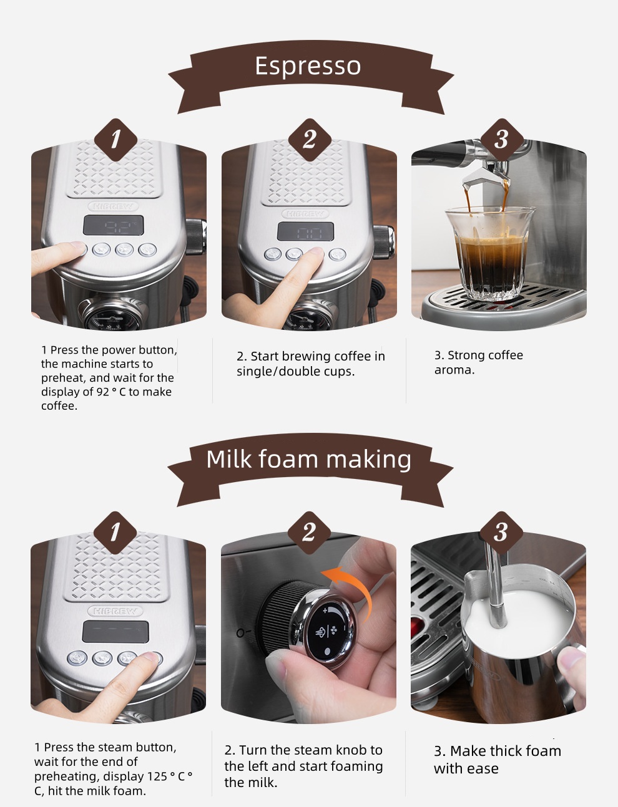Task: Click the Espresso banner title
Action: point(308,66)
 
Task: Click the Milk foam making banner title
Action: point(308,459)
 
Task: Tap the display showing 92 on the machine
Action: point(114,225)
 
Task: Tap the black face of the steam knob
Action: point(327,630)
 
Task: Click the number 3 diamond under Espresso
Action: point(502,140)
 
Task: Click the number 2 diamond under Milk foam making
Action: point(309,533)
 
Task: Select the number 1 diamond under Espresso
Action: point(116,140)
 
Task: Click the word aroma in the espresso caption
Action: point(454,370)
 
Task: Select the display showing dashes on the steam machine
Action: point(115,632)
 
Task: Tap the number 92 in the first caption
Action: point(102,392)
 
